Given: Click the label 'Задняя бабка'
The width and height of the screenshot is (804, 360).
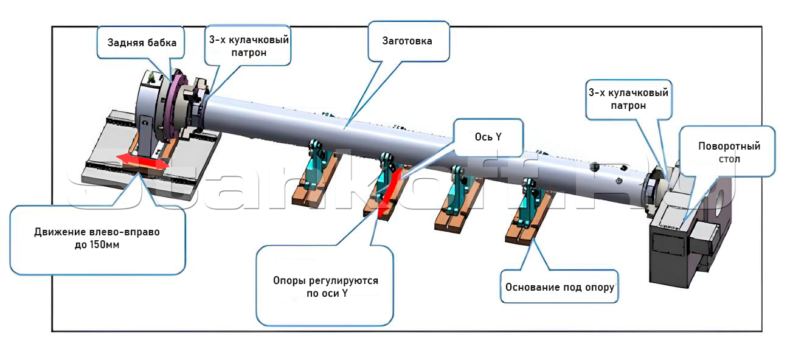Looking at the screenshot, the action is click(x=142, y=43).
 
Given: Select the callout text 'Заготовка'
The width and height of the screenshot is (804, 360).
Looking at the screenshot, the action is click(x=407, y=41).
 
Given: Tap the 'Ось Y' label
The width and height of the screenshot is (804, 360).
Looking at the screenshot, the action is click(x=488, y=137).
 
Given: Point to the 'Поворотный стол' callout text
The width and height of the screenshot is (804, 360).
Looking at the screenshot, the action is click(x=729, y=153).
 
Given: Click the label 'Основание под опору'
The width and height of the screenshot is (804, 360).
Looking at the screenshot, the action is click(x=560, y=287).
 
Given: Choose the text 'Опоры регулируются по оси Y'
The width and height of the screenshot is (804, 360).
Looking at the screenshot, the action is click(x=325, y=287).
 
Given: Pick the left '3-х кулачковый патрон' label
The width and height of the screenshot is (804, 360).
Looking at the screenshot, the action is click(x=249, y=46).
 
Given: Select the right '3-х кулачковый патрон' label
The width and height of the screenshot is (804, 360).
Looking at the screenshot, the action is click(x=628, y=99).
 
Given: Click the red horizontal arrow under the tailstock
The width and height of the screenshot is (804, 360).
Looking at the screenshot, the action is click(x=142, y=161).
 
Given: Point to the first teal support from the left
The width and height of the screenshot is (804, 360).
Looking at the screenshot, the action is click(x=317, y=164).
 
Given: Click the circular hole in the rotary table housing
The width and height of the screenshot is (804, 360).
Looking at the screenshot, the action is click(x=720, y=204).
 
